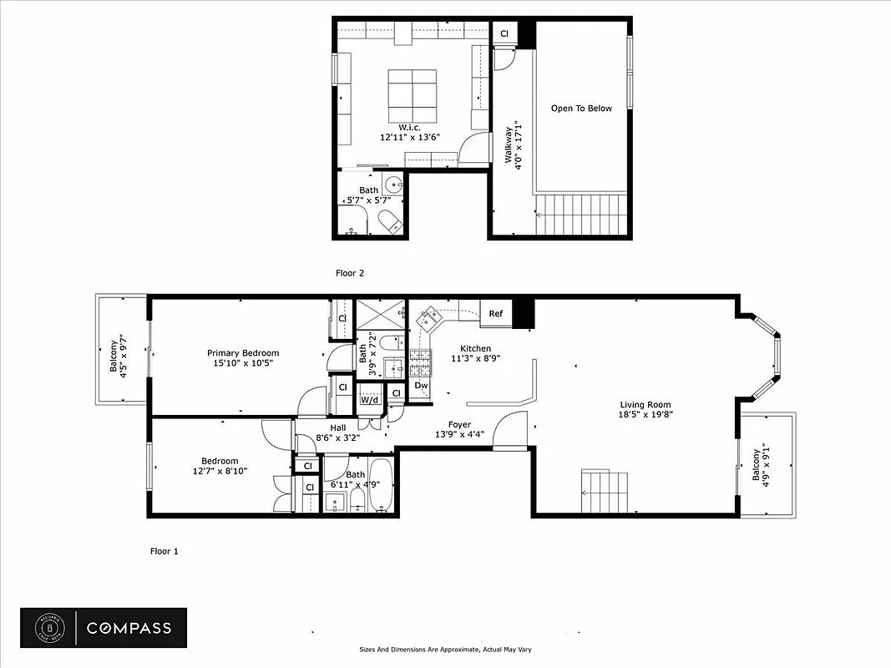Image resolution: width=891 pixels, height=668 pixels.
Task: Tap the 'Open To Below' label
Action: pyautogui.click(x=581, y=109)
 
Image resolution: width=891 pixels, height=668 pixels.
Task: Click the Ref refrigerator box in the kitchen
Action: pyautogui.click(x=496, y=314)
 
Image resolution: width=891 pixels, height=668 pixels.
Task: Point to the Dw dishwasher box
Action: pyautogui.click(x=421, y=386)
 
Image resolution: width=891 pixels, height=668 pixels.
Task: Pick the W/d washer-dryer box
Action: pyautogui.click(x=368, y=399)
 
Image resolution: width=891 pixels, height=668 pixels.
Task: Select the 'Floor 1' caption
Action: pyautogui.click(x=164, y=551)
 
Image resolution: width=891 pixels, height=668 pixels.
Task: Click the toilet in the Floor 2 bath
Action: pyautogui.click(x=389, y=221)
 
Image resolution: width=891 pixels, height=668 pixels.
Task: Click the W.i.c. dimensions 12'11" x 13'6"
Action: pyautogui.click(x=409, y=137)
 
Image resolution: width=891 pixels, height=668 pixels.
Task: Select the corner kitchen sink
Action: pyautogui.click(x=432, y=316)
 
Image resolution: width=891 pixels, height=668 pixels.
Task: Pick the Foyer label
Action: pyautogui.click(x=459, y=424)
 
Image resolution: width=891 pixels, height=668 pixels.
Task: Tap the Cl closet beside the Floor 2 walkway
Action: pyautogui.click(x=504, y=33)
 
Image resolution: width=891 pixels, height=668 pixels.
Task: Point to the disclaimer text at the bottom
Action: pyautogui.click(x=445, y=650)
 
